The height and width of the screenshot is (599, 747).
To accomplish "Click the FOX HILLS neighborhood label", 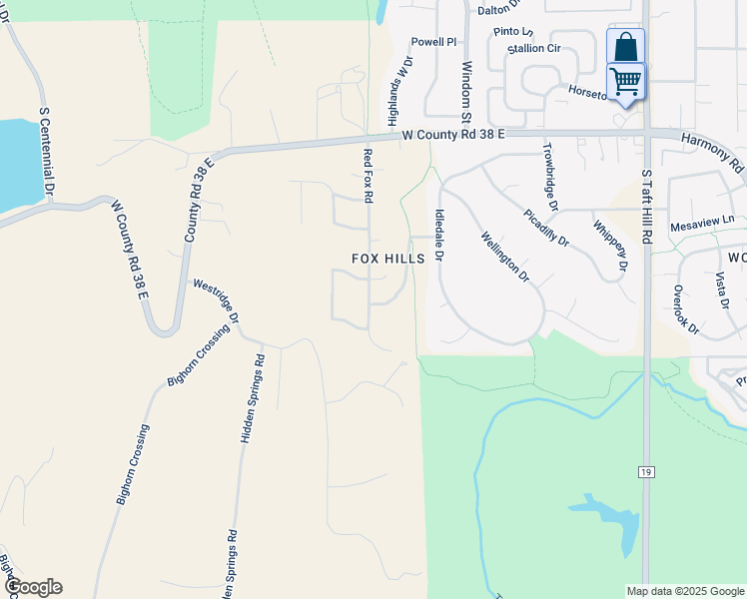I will click(388, 258).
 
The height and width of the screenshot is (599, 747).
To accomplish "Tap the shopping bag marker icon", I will click(625, 46).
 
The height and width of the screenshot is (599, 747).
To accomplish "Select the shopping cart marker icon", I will click(626, 80).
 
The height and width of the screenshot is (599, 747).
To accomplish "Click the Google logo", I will click(33, 587).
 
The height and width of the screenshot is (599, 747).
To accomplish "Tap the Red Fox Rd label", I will click(368, 177).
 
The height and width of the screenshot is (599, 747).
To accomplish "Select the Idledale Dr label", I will click(438, 236).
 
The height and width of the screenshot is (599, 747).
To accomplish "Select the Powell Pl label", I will click(433, 42).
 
